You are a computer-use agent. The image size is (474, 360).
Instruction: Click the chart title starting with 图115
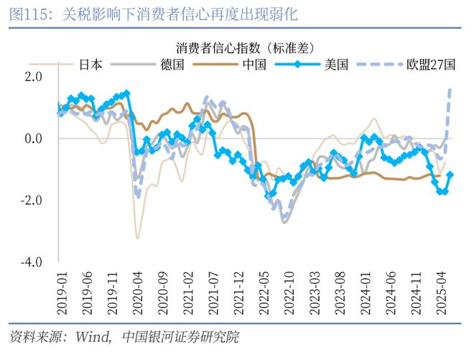[154, 14]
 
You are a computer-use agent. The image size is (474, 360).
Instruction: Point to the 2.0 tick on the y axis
[34, 77]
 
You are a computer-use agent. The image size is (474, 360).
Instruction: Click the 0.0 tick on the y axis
[34, 139]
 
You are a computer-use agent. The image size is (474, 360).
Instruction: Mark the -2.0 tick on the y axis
[32, 200]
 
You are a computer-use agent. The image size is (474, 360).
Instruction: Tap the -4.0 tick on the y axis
[32, 262]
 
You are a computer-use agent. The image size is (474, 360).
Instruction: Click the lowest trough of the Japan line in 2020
[137, 238]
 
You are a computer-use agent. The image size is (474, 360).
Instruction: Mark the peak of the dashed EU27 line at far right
[450, 89]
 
